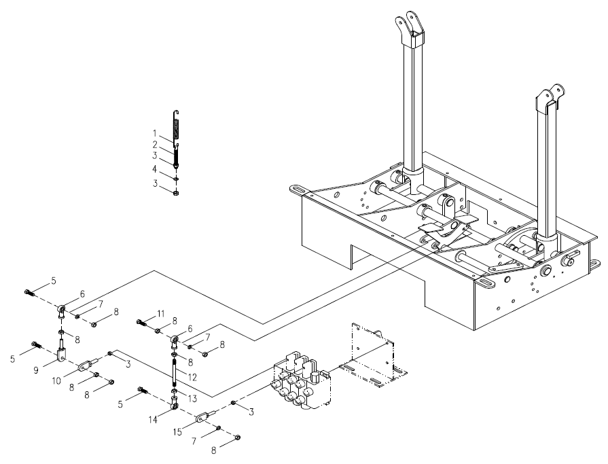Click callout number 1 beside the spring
(x=155, y=132)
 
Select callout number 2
(x=155, y=145)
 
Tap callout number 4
(x=155, y=168)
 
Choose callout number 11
(x=160, y=313)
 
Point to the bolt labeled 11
(x=143, y=322)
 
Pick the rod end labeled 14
(x=175, y=406)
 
